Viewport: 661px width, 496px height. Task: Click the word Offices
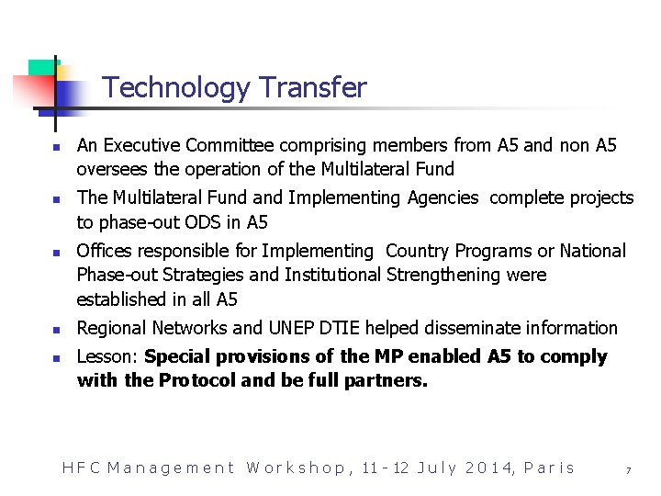coord(105,251)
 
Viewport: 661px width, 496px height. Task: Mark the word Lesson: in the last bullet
coord(108,356)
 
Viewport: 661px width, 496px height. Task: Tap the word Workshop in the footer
coord(297,468)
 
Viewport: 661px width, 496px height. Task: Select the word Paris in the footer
coord(549,468)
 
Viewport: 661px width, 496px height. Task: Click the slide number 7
coord(628,470)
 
